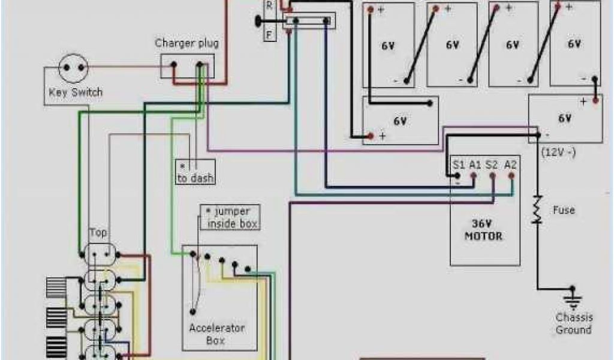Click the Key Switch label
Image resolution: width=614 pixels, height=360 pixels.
[75, 92]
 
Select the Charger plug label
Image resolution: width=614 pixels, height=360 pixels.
[186, 43]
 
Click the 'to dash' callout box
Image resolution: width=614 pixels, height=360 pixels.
[195, 172]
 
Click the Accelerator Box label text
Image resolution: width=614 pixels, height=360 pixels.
[217, 334]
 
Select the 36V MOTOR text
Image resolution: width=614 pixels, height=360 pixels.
[484, 230]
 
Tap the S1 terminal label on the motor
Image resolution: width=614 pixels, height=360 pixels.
[459, 164]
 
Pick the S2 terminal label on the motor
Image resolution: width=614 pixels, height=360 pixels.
[492, 164]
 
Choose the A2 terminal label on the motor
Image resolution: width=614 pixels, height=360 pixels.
[510, 164]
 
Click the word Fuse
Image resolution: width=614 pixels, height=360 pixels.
[564, 210]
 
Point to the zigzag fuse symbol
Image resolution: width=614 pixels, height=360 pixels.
[538, 210]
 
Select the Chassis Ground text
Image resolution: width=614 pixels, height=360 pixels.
[573, 324]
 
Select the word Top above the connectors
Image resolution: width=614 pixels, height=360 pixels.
[98, 232]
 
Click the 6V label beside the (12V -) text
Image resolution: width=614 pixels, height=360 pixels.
[565, 118]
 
